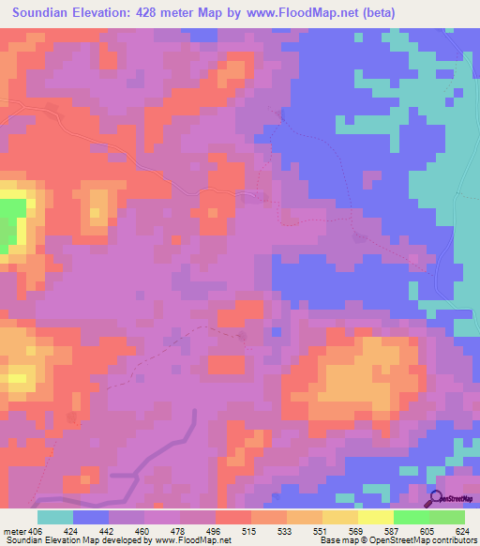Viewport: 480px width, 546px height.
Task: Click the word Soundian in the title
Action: (43, 13)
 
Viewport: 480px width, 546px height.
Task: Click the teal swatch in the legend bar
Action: (55, 517)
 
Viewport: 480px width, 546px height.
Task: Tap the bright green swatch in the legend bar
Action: (411, 517)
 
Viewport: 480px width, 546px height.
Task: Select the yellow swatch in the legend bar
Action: (375, 517)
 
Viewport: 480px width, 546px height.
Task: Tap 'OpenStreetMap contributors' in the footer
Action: (427, 540)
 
